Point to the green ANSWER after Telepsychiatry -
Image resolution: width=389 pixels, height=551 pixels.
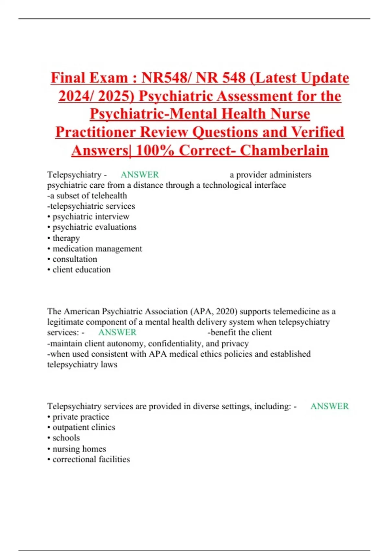pos(140,175)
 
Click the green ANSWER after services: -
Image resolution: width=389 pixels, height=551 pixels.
pos(117,333)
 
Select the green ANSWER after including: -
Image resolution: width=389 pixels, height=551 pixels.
pos(329,406)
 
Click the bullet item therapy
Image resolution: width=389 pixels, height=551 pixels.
pos(66,238)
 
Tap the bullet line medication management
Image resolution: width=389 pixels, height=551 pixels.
pos(97,249)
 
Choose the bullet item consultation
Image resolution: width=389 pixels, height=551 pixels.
pos(75,259)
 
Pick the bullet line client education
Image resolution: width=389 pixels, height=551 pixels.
pos(81,270)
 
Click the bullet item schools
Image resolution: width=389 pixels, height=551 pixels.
pos(66,438)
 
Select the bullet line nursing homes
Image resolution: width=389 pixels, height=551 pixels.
pos(79,449)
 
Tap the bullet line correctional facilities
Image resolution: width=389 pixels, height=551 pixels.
pos(91,459)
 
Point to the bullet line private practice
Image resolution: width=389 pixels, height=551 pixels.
pos(81,417)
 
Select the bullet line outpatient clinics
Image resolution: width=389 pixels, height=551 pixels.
pos(84,428)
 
